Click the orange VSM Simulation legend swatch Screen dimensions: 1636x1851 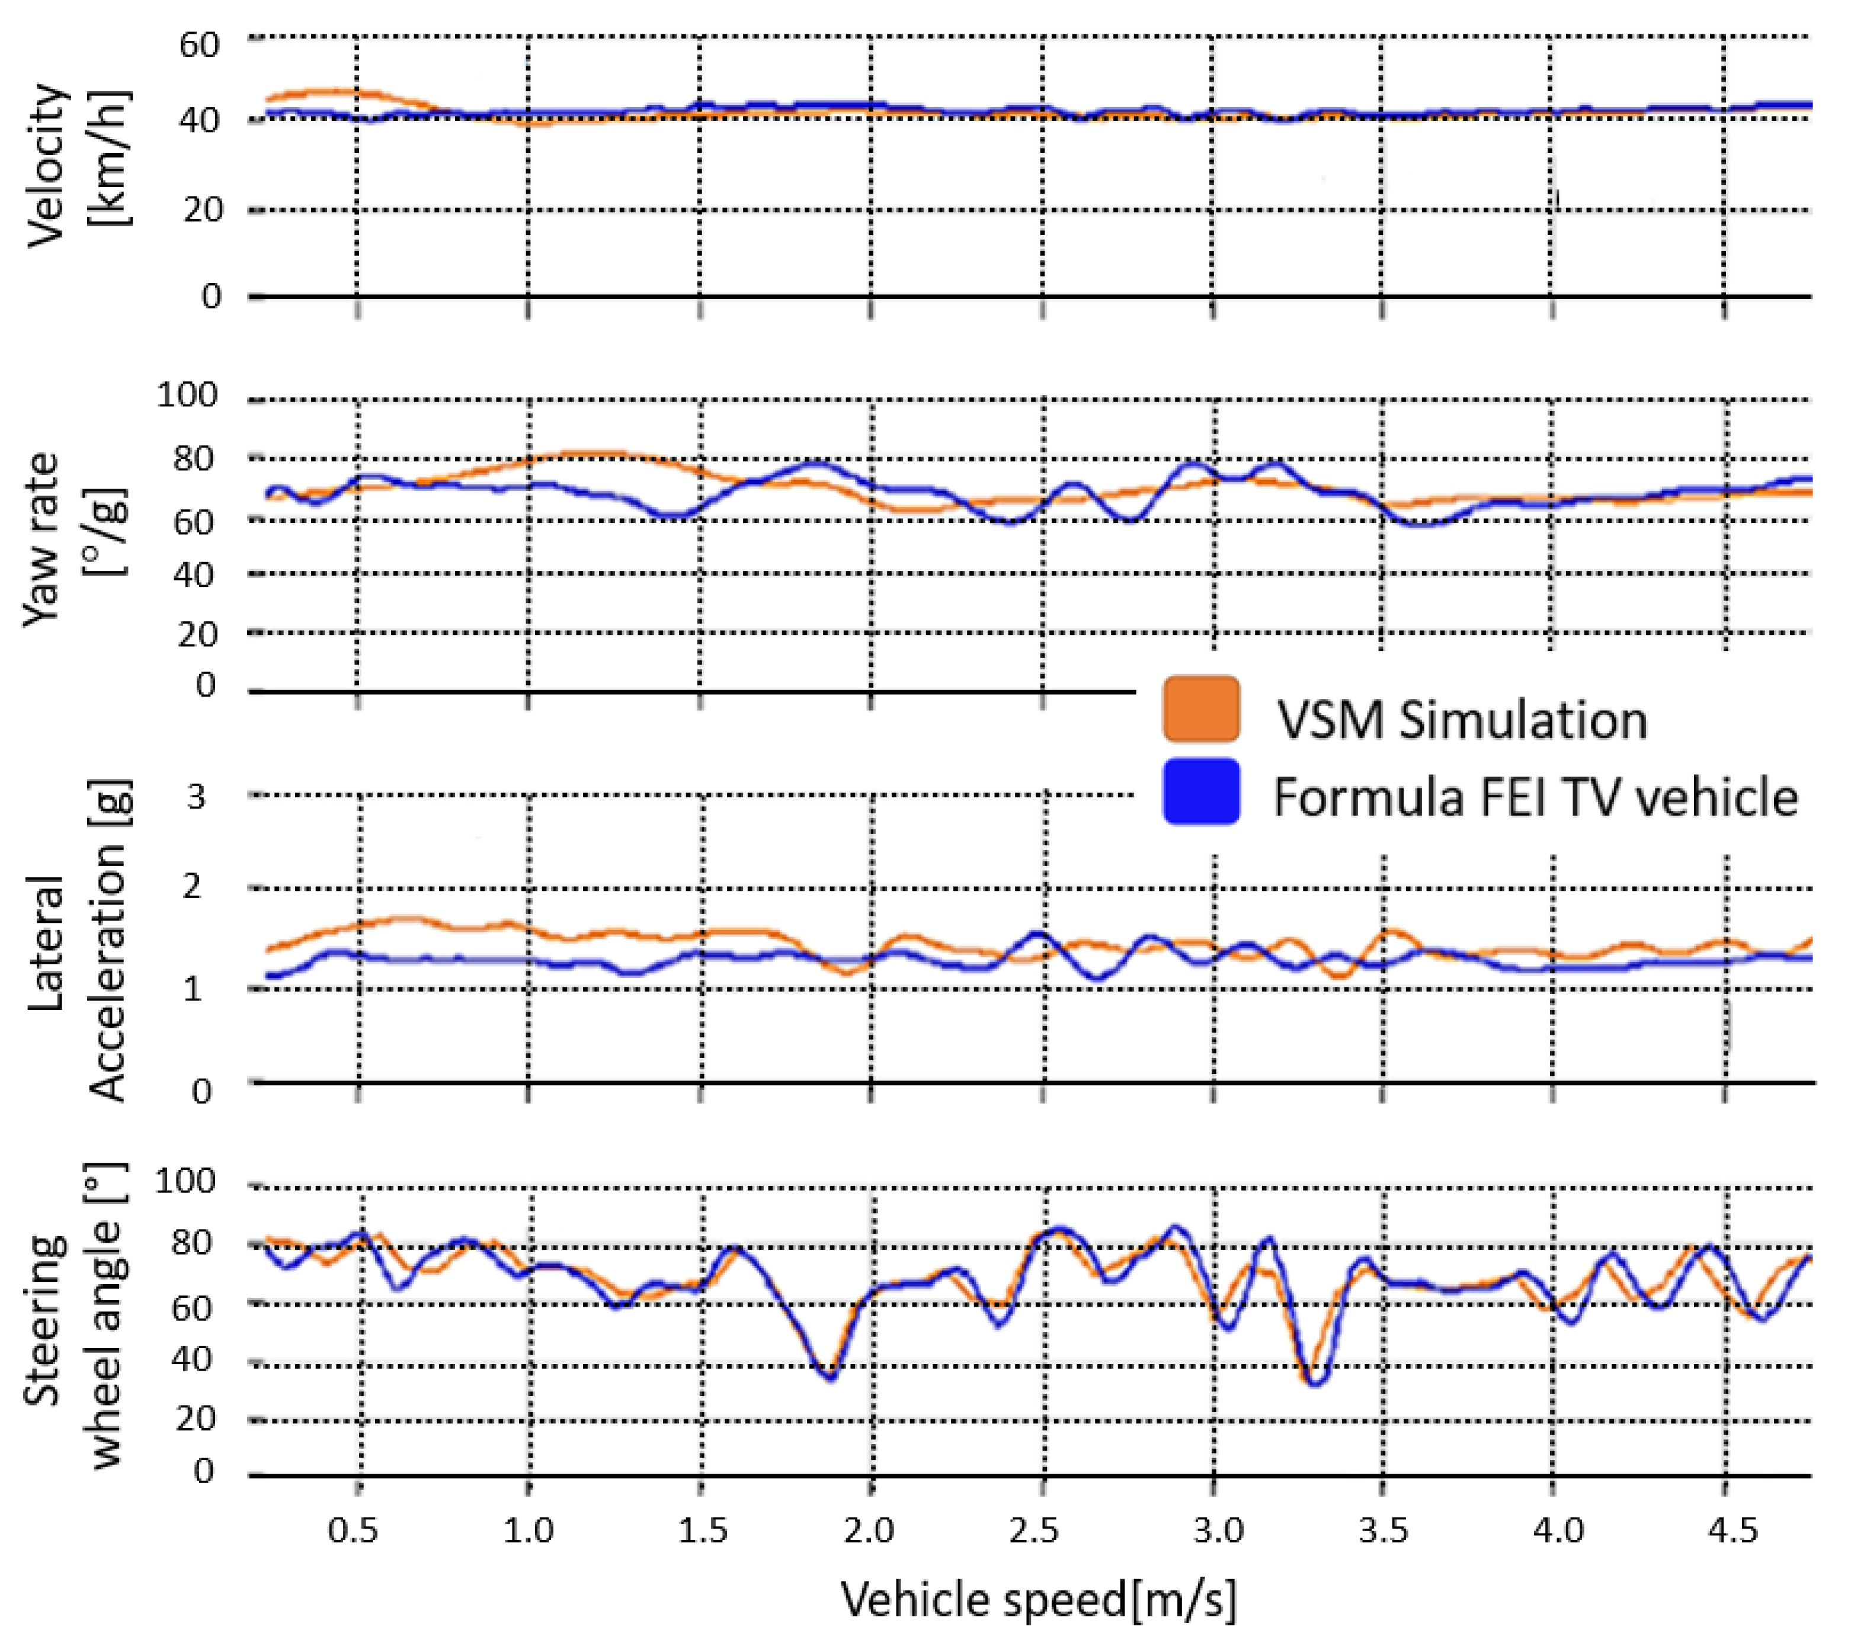click(1201, 709)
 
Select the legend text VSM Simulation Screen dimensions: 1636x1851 click(1462, 721)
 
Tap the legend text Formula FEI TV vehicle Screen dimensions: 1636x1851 click(1535, 798)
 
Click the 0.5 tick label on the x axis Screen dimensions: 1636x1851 click(353, 1530)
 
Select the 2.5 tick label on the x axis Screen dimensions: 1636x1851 click(1033, 1530)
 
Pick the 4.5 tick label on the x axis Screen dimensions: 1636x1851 click(1731, 1530)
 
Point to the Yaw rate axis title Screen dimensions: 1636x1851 click(72, 541)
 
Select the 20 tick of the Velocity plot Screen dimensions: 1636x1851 click(200, 209)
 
